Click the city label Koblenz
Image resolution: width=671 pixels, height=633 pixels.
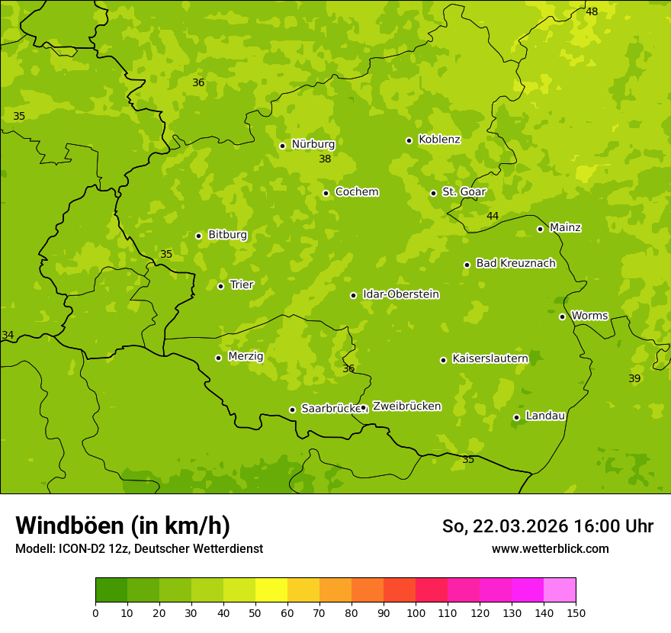(439, 140)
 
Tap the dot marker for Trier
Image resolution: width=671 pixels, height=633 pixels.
(221, 286)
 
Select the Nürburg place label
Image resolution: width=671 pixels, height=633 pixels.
(313, 144)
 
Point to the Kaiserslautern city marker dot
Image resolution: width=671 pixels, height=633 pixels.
(443, 360)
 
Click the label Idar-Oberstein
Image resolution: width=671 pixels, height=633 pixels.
(400, 294)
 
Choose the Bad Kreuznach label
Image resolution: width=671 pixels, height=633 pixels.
(515, 263)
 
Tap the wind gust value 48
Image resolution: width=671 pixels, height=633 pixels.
(592, 11)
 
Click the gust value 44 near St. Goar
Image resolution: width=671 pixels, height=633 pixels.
(493, 217)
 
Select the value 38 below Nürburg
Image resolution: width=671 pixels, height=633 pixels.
(325, 159)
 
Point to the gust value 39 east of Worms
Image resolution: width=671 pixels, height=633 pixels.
(634, 379)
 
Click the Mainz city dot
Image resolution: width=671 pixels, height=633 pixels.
(540, 229)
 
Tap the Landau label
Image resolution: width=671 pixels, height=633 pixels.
(545, 416)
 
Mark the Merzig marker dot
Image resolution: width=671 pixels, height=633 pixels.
(218, 358)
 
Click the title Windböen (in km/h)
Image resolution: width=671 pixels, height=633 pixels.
(123, 525)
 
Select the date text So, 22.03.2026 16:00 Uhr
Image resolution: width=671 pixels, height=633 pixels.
(547, 526)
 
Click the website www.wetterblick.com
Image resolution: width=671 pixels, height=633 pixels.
(550, 548)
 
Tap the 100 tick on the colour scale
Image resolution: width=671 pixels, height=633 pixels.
(416, 612)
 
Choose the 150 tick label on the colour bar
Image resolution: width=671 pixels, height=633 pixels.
(576, 612)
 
